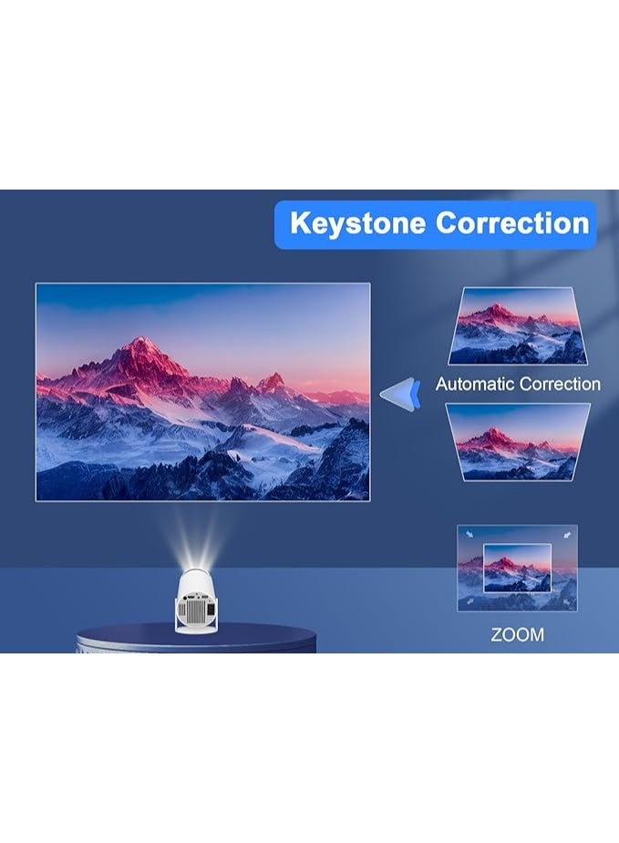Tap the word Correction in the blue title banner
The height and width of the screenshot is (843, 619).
click(x=512, y=223)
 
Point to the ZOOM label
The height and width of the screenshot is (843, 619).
click(x=517, y=634)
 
